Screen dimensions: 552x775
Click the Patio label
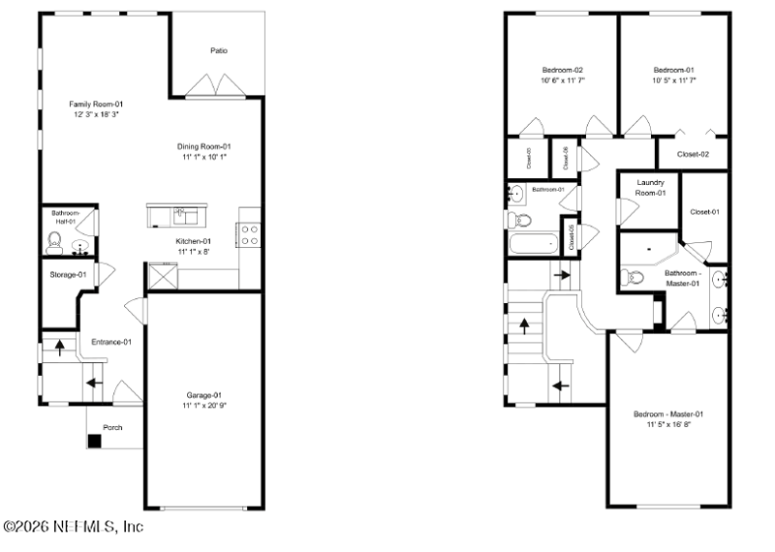[219, 50]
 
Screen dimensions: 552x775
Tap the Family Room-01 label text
[95, 104]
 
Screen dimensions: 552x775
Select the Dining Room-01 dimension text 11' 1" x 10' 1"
[204, 157]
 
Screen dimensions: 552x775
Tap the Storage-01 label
[68, 275]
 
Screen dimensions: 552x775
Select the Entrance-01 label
[110, 342]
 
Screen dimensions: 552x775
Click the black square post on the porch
[94, 442]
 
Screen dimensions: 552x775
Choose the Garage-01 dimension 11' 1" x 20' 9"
[204, 406]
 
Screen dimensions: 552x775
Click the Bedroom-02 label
[562, 70]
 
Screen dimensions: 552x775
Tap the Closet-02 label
[693, 154]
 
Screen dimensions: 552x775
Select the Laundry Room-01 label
[650, 188]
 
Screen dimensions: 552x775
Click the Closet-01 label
[704, 212]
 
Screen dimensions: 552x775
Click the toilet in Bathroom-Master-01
[635, 278]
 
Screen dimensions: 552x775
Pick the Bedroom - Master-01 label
[667, 414]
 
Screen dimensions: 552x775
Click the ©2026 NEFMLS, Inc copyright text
[73, 527]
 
